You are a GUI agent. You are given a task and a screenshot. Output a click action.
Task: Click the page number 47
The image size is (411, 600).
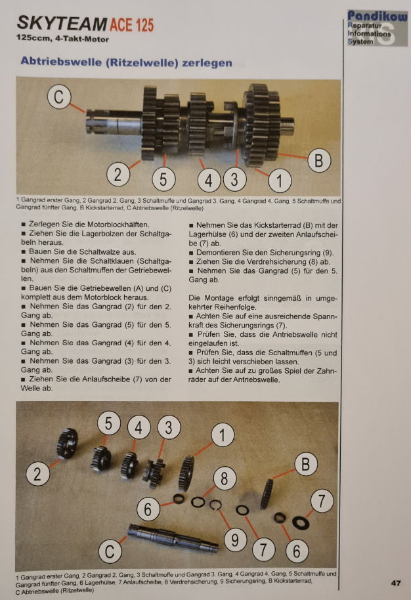coord(396,583)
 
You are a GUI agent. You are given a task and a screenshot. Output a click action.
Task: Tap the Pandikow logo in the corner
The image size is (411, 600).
coord(378,28)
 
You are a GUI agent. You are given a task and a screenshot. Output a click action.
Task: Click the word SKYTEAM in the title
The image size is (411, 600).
coord(62,24)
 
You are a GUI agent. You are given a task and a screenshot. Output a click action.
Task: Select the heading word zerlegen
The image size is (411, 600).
coord(207,63)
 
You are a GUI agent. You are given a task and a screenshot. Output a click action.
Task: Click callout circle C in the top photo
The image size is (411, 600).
coord(59,96)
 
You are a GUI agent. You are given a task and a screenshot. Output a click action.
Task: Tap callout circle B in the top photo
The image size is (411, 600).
coord(319,160)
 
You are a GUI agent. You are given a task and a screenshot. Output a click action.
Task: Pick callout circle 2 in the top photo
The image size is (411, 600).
coord(118,174)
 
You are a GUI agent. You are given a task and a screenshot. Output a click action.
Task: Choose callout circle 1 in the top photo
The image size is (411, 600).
coord(280,181)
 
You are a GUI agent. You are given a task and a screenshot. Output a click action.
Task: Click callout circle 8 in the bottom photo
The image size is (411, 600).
coord(225,479)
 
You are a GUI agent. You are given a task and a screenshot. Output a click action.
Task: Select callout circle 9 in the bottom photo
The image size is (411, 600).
coord(234,540)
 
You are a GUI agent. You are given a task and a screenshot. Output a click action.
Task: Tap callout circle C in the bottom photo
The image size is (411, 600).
coord(110,551)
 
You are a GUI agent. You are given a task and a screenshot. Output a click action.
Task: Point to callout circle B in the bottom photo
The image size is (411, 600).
coord(306,464)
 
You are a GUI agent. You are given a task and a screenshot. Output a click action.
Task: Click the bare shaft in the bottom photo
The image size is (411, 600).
coord(173,538)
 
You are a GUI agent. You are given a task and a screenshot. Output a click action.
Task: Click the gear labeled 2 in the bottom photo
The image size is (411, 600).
coord(68,444)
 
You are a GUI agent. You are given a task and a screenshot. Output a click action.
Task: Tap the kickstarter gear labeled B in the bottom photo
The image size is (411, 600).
coord(267,494)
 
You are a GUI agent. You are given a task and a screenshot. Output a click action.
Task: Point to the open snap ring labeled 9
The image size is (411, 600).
coord(215,505)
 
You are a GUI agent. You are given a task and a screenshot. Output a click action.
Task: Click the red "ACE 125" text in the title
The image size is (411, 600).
coord(132,25)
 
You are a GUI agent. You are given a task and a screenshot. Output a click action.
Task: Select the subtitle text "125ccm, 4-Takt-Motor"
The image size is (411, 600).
coord(62,39)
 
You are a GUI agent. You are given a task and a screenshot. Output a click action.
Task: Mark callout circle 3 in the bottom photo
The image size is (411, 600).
coord(168,427)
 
